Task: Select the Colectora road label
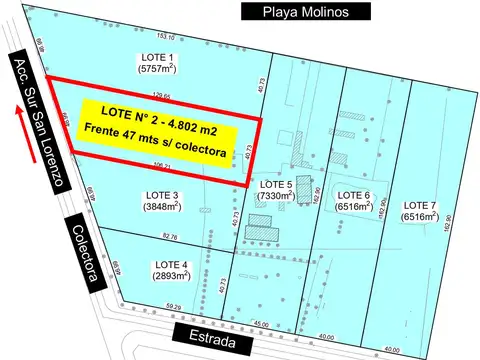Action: (x=82, y=254)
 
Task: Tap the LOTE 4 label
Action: (x=167, y=266)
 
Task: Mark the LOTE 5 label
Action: (x=275, y=185)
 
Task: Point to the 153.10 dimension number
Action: (x=165, y=37)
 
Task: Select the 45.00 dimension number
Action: (x=262, y=323)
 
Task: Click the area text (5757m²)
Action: (x=156, y=69)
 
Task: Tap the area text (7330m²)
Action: (x=275, y=197)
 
